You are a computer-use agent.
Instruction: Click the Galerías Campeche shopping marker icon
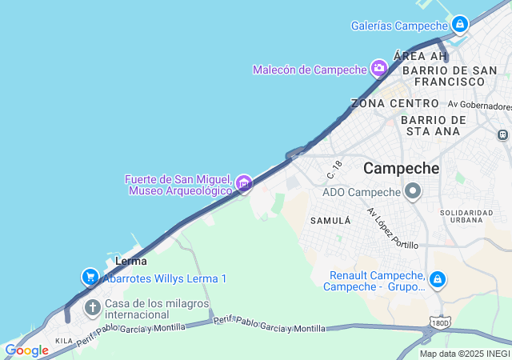pos(459,25)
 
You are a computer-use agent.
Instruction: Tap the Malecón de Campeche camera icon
pos(379,68)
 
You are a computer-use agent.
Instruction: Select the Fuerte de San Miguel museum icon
pos(244,186)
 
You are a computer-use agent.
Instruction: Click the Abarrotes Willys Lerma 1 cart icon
pos(90,278)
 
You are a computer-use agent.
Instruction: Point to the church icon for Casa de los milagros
pos(93,307)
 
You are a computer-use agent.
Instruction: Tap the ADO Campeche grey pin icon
pos(413,191)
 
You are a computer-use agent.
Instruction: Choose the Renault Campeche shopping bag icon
pos(437,279)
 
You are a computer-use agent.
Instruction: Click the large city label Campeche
pos(402,169)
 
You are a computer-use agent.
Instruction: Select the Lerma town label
pos(131,261)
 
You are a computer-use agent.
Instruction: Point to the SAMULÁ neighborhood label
pos(330,220)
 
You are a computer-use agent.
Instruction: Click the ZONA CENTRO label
pos(395,104)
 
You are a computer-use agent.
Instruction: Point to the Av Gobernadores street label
pos(479,106)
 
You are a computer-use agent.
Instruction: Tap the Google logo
pos(26,350)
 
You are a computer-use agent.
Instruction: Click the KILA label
pos(63,342)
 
